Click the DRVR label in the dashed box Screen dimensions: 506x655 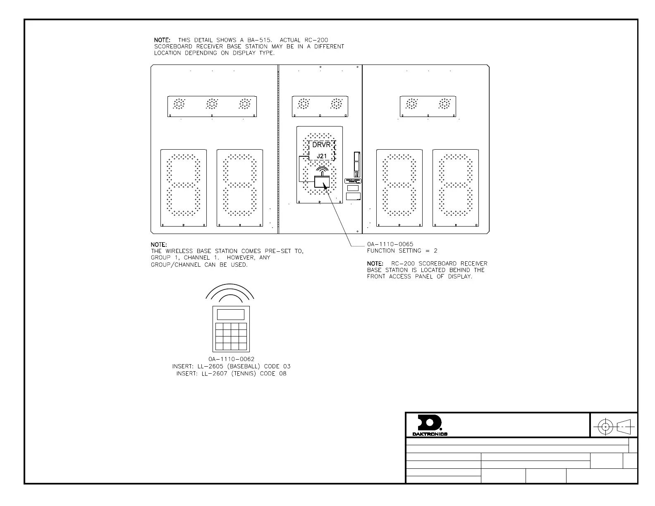321,145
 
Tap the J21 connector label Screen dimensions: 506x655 322,156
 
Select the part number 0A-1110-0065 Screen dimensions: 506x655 390,244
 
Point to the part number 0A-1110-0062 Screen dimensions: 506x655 231,359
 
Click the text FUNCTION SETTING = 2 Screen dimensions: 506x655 402,251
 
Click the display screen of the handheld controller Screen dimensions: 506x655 231,314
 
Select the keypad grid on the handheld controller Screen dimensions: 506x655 231,336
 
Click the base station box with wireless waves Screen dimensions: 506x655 322,181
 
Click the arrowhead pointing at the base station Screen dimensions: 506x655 325,187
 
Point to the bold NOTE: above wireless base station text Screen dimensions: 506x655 159,245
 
